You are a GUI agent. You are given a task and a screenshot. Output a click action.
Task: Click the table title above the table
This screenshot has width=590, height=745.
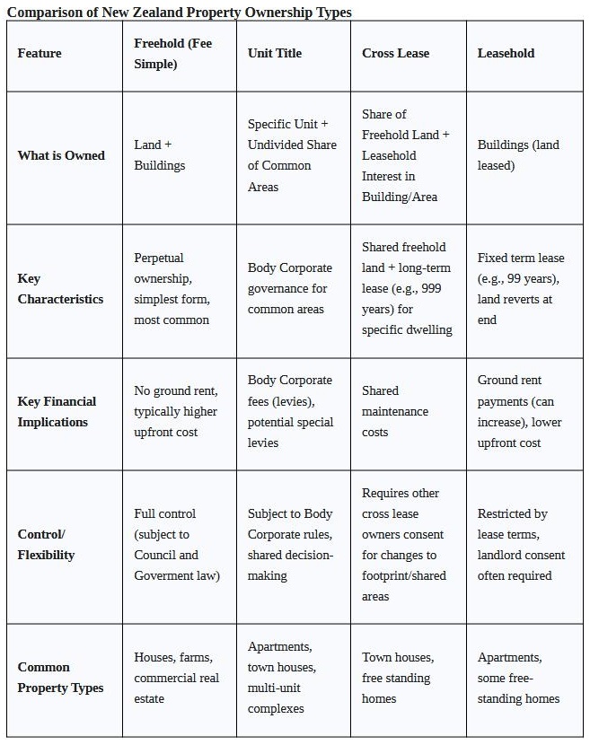tap(180, 12)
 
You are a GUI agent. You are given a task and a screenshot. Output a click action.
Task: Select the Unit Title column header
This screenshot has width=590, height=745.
tap(275, 53)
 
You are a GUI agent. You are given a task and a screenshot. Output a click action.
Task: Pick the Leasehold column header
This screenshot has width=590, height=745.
tap(506, 53)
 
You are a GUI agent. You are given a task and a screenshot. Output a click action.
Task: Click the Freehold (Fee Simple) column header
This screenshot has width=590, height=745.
tap(173, 53)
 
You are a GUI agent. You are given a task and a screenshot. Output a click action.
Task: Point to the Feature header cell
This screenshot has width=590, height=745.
tap(40, 53)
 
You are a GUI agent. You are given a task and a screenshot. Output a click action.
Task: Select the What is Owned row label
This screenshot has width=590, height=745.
tap(61, 155)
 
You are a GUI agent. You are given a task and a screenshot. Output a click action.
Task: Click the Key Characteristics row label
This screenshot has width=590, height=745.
tap(60, 289)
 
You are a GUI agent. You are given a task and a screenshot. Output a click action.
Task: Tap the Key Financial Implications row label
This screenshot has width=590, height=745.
tap(57, 411)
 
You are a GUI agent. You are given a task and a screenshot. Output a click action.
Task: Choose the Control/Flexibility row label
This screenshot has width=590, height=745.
tap(46, 544)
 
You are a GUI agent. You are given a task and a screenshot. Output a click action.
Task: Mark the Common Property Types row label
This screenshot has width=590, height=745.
tap(60, 678)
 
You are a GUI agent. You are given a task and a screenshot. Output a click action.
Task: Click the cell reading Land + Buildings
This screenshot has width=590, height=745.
tap(160, 154)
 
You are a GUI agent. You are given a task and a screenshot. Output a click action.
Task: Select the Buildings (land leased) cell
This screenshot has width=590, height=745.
tap(518, 154)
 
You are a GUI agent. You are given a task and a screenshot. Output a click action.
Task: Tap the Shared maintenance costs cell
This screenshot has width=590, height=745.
tap(395, 411)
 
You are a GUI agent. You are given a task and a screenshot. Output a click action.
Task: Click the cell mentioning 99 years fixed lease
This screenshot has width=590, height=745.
tap(521, 288)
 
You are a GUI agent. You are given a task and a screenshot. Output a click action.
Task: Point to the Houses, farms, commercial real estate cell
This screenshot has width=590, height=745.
tap(176, 678)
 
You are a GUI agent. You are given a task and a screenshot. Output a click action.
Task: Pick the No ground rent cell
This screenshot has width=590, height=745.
tap(175, 411)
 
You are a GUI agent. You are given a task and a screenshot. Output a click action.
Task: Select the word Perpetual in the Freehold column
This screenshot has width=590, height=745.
tap(159, 258)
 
